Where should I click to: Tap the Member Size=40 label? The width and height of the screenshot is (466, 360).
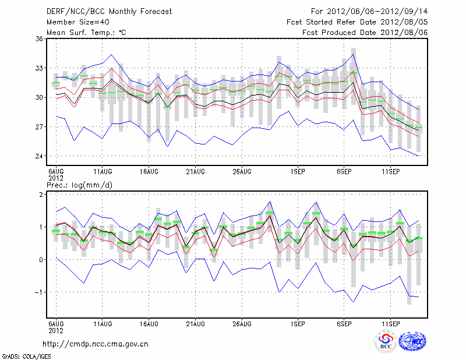[x=77, y=22]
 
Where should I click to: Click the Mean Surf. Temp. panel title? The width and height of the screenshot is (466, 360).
[x=87, y=32]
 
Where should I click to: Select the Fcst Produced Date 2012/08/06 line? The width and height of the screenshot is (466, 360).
[x=365, y=32]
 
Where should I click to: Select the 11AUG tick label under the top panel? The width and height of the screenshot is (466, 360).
[x=103, y=171]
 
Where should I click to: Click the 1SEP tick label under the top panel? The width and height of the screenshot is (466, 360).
[x=298, y=171]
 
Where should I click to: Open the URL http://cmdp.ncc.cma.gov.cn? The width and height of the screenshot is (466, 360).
[x=96, y=344]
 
